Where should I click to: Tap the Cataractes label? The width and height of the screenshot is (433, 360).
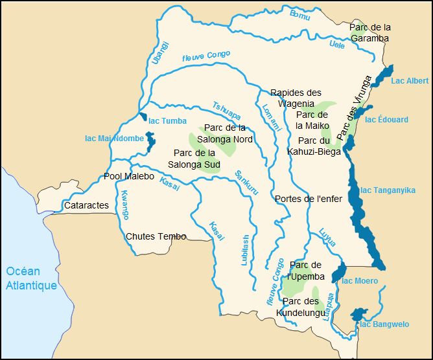coord(86,205)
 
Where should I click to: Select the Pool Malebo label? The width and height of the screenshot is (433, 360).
coord(129,177)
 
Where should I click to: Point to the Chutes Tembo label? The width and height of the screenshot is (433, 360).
coord(156,236)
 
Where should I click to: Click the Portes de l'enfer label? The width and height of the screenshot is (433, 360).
coord(307,198)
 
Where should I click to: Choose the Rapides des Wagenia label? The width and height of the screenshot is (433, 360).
coord(296,98)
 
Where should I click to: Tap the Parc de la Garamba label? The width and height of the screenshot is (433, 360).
coord(369,32)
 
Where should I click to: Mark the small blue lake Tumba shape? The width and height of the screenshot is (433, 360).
coord(142,117)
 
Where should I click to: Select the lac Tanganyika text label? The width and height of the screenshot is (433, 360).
coord(388,190)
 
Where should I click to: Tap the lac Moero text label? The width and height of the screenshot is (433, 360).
coord(360,280)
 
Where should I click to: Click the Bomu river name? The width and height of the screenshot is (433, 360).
coord(299,15)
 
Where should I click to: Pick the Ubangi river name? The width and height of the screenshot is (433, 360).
coord(160,52)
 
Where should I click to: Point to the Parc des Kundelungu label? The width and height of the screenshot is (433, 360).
coord(301,307)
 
